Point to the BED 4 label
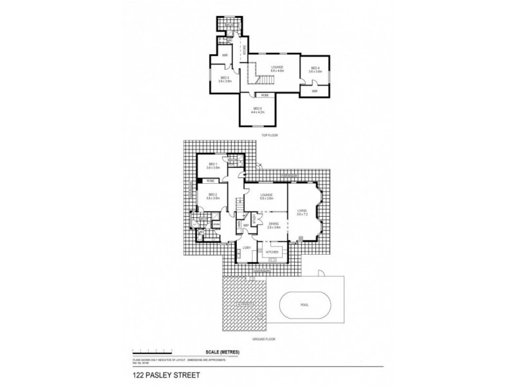pos(315,69)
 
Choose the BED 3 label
pos(224,79)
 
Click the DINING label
pos(272,225)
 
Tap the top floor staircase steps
pos(266,79)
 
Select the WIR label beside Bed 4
pos(315,91)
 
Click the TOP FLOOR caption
pos(268,136)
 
